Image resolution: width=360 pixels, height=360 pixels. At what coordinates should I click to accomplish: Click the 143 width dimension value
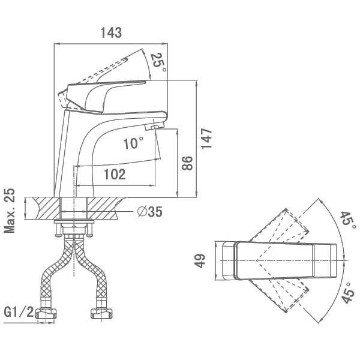(111, 32)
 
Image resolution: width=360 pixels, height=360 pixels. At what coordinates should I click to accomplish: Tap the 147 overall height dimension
(206, 139)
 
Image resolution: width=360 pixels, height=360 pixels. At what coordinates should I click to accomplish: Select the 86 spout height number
(187, 163)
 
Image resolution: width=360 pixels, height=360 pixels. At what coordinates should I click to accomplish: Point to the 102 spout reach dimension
(115, 174)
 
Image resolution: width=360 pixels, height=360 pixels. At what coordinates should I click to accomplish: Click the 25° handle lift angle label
(158, 62)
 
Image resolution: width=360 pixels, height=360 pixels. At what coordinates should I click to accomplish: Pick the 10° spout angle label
(133, 143)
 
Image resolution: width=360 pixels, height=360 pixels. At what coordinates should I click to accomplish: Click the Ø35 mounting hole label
(149, 211)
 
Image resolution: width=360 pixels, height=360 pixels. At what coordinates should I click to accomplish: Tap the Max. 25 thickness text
(10, 211)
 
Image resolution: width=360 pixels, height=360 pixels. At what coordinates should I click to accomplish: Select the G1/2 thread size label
(19, 312)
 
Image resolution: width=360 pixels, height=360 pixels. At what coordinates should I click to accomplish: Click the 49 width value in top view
(200, 261)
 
